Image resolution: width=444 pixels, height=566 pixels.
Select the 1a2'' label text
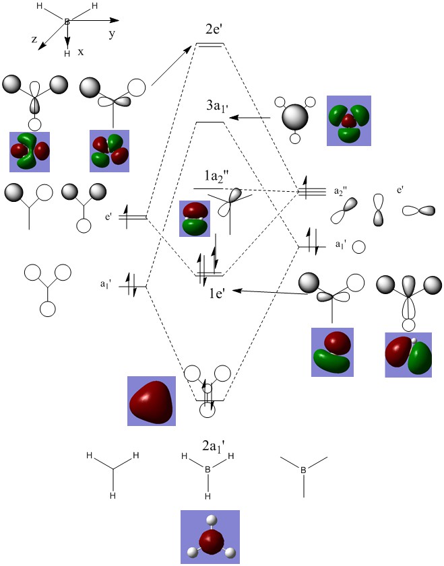[219, 176]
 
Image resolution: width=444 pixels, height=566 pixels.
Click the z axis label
[34, 40]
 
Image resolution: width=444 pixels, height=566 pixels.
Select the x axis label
[80, 51]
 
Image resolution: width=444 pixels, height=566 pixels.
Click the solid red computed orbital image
[152, 401]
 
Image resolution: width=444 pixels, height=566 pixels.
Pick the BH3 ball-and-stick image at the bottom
[210, 536]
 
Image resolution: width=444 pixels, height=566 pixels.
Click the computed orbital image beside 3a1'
[348, 120]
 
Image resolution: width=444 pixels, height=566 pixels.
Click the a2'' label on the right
[341, 191]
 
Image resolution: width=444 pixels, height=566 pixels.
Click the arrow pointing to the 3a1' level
[249, 118]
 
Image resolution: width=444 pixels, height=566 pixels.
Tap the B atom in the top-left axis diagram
[67, 22]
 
